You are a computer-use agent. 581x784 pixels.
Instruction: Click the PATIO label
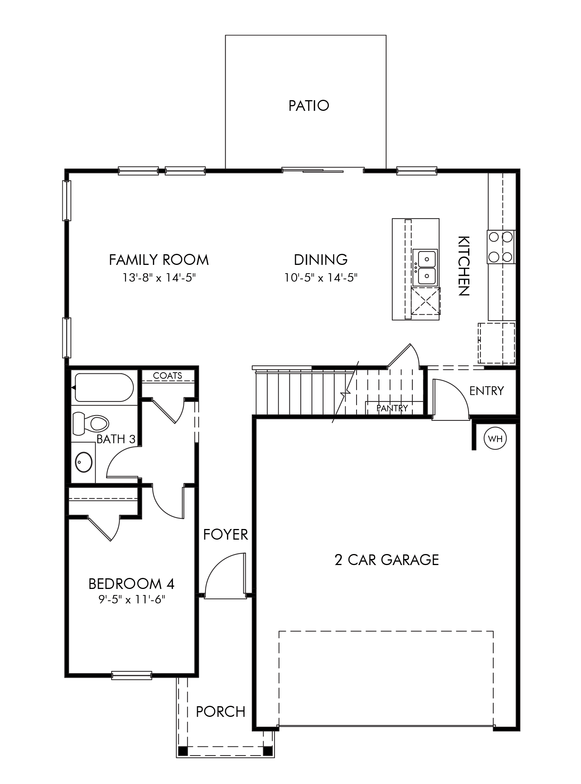point(308,106)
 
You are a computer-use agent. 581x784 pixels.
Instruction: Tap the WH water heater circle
point(495,439)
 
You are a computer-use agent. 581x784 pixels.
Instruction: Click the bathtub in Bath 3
point(104,387)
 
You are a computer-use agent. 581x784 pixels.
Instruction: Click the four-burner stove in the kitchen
point(500,247)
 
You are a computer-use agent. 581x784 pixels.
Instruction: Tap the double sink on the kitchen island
point(425,268)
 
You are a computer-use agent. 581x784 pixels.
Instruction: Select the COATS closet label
point(167,376)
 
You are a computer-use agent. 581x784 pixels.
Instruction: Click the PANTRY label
point(392,408)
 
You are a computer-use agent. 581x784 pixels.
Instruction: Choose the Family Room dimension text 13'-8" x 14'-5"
point(159,278)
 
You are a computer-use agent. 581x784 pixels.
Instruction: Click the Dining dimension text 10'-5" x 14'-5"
point(321,278)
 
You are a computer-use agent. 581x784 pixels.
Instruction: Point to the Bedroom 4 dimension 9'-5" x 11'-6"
point(131,600)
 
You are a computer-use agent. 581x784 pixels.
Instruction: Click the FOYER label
point(225,535)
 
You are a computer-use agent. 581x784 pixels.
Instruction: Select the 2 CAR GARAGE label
point(387,560)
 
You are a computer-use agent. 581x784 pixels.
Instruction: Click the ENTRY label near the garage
point(486,391)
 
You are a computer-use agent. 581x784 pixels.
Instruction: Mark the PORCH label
point(220,712)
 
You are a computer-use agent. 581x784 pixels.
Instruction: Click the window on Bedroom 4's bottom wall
point(131,675)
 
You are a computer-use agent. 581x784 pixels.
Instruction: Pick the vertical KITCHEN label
point(464,266)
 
